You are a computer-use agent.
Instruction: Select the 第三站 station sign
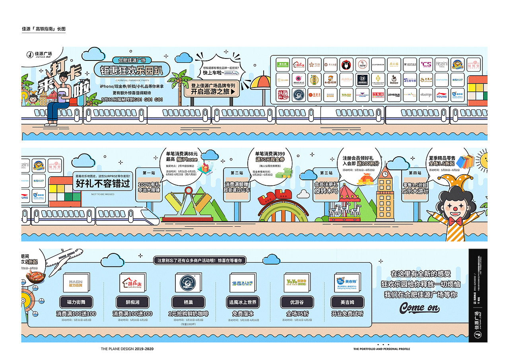click(326, 173)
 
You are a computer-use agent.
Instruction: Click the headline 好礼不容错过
click(103, 183)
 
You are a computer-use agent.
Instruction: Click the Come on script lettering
click(420, 307)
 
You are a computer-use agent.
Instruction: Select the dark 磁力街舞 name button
click(76, 302)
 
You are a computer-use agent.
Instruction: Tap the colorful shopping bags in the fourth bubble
click(464, 161)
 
